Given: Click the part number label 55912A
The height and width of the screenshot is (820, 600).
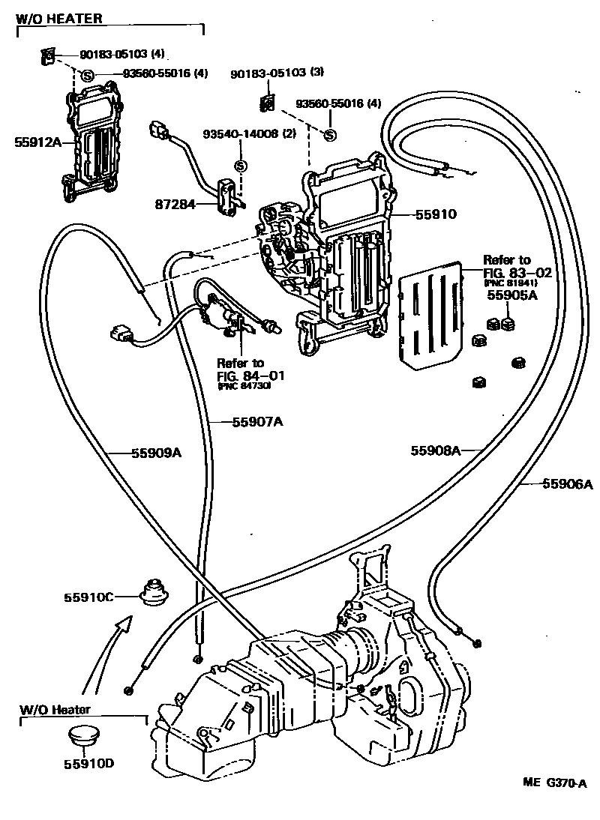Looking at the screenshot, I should [33, 140].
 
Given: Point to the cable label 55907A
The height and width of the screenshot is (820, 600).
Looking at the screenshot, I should [256, 422].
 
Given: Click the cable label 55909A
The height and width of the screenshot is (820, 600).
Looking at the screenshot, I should [157, 452].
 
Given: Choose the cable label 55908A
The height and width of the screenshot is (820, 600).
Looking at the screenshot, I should [435, 450].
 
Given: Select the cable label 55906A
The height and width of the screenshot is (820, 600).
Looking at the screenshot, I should [567, 484].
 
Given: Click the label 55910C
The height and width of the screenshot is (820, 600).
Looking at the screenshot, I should [88, 597].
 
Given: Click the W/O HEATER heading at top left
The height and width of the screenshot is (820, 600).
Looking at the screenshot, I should [59, 17].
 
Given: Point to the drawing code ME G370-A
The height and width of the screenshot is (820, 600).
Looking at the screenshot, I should [554, 783].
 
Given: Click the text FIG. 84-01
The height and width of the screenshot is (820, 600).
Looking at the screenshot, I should [241, 374].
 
